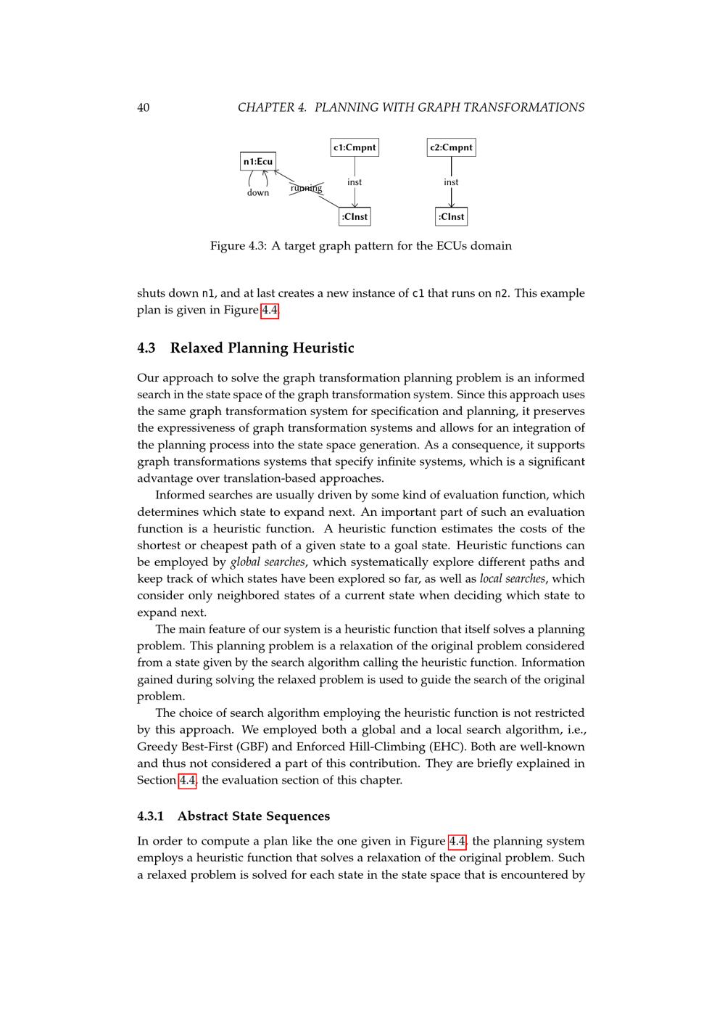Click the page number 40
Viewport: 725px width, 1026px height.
click(143, 107)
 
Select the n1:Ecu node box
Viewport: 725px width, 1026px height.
click(258, 161)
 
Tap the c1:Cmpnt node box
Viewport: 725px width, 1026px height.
click(355, 147)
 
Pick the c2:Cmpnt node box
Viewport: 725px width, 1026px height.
click(451, 147)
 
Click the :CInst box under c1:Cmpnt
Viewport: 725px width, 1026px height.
click(355, 216)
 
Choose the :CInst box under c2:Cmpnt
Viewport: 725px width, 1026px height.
click(451, 216)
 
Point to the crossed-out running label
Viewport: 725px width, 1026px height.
click(306, 189)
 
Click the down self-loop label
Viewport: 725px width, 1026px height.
click(258, 193)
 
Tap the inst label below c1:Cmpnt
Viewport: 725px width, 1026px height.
click(355, 182)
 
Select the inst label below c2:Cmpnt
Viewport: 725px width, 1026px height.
click(451, 182)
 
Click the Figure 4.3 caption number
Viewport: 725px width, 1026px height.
click(255, 246)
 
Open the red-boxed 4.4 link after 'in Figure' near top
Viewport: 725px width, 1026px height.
click(270, 311)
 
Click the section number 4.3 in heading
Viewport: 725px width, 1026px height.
click(146, 348)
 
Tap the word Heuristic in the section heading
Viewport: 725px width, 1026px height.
click(323, 348)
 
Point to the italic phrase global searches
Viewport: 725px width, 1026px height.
click(268, 562)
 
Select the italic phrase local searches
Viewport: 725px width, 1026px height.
click(512, 579)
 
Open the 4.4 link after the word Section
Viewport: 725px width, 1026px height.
click(187, 781)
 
